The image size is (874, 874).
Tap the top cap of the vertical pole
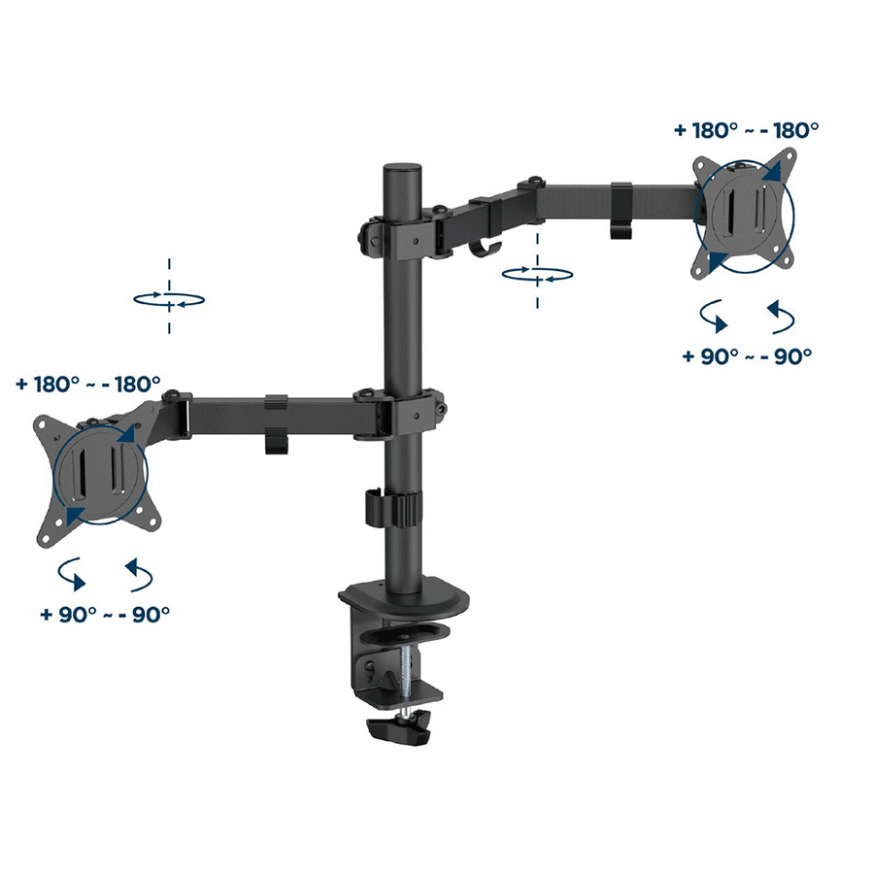[x=401, y=168]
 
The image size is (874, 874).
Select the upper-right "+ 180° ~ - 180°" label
[x=747, y=130]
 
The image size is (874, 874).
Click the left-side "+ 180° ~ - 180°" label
[x=88, y=384]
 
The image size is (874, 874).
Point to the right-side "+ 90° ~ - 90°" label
[x=747, y=355]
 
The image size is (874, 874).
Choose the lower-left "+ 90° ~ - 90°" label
[x=105, y=614]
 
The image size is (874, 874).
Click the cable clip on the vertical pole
[x=392, y=507]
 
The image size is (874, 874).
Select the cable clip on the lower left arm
[x=276, y=423]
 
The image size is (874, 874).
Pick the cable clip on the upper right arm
[x=622, y=210]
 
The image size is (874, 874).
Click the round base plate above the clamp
[x=404, y=598]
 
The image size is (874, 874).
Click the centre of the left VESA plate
[x=99, y=474]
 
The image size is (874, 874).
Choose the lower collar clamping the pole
[x=402, y=415]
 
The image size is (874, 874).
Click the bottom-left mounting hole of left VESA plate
[x=46, y=538]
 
